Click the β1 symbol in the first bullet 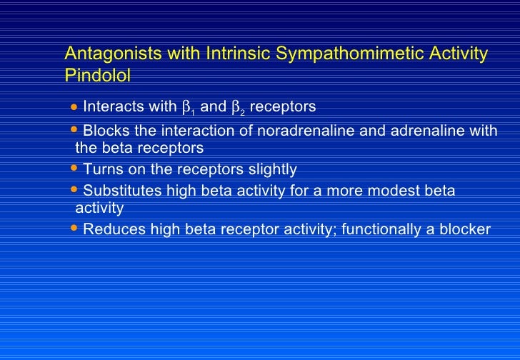189,108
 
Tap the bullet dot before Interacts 75,108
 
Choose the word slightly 271,170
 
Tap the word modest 410,191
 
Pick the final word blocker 464,229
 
